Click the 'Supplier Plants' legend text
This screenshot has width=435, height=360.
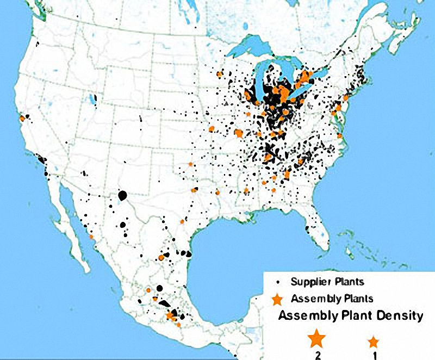(x=327, y=282)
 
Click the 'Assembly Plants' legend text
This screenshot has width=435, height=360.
(x=332, y=298)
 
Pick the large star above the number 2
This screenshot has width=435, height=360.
(x=316, y=339)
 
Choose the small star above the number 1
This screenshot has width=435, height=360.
(x=373, y=342)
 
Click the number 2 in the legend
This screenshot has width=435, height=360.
(x=316, y=355)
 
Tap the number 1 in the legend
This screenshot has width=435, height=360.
(x=374, y=355)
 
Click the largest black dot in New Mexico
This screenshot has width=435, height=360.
(x=122, y=195)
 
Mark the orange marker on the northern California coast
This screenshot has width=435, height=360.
(x=22, y=118)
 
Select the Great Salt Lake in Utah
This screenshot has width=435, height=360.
(x=94, y=100)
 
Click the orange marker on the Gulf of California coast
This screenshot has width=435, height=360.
(x=91, y=237)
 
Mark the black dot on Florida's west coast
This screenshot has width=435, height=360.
(x=308, y=228)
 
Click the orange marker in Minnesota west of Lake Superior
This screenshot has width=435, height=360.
(x=220, y=73)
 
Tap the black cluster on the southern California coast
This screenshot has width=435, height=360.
(x=41, y=160)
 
